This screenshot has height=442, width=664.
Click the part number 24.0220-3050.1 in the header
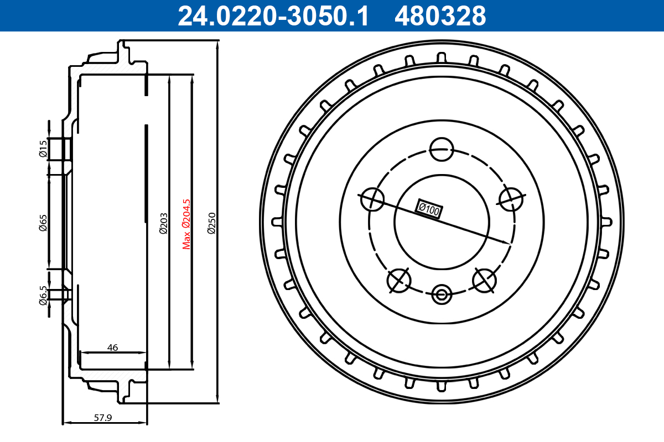coord(273,16)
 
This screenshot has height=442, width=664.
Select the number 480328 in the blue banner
coord(440,16)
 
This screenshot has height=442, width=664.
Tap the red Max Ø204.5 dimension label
coord(186,224)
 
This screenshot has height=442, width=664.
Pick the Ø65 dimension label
coord(43,223)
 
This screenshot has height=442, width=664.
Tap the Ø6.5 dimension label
coord(43,295)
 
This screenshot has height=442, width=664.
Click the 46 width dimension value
coord(112,348)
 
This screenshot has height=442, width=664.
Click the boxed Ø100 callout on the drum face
coord(429,209)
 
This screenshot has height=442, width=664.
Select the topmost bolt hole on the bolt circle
coord(442,149)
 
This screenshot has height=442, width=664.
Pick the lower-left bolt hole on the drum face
coord(399,280)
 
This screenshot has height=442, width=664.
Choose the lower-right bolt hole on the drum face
coord(484,280)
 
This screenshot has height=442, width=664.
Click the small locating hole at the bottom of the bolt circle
coord(441,294)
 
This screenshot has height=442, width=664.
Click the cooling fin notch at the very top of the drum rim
coord(441,58)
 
